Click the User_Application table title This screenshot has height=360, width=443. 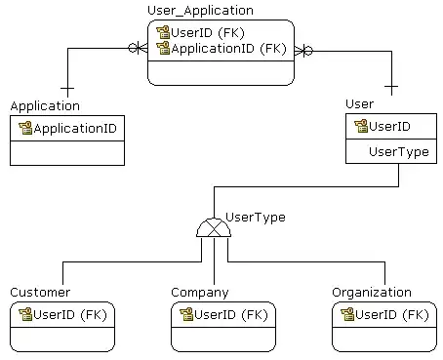(200, 11)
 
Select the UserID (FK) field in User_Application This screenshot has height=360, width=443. (208, 33)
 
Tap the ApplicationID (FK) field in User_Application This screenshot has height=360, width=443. (228, 49)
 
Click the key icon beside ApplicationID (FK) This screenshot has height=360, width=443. (163, 48)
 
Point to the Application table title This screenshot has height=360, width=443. (45, 106)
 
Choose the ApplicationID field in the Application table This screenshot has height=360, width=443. (75, 129)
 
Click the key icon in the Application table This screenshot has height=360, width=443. (25, 128)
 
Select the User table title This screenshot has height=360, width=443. (359, 104)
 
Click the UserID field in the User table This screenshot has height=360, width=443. (389, 127)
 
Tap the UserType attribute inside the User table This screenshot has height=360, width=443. (399, 152)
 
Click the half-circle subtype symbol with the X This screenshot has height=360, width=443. (214, 227)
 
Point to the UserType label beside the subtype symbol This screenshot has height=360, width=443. (256, 218)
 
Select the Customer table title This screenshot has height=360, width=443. (40, 293)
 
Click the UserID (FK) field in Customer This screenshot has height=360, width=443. (70, 315)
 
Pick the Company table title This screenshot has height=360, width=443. (200, 293)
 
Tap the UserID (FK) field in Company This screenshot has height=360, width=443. (231, 315)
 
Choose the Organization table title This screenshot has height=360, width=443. (372, 293)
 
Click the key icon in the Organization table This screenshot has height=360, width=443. (347, 314)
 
